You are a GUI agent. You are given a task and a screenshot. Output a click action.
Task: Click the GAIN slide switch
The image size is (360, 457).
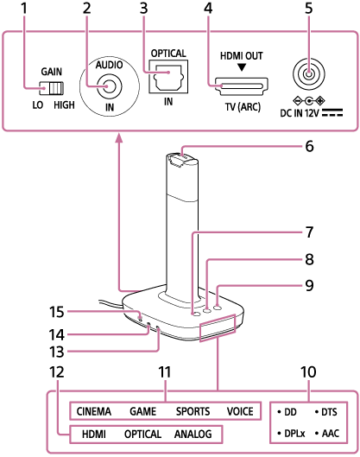pyautogui.click(x=54, y=88)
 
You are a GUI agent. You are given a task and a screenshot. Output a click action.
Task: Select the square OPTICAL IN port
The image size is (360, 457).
pyautogui.click(x=167, y=79)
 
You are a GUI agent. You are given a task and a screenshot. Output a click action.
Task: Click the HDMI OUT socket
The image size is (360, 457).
pyautogui.click(x=242, y=86)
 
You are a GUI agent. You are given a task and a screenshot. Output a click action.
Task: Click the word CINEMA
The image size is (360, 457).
pyautogui.click(x=92, y=412)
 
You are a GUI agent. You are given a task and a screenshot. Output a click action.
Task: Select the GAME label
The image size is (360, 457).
pyautogui.click(x=143, y=412)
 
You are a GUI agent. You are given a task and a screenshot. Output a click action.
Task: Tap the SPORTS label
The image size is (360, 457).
pyautogui.click(x=193, y=412)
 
